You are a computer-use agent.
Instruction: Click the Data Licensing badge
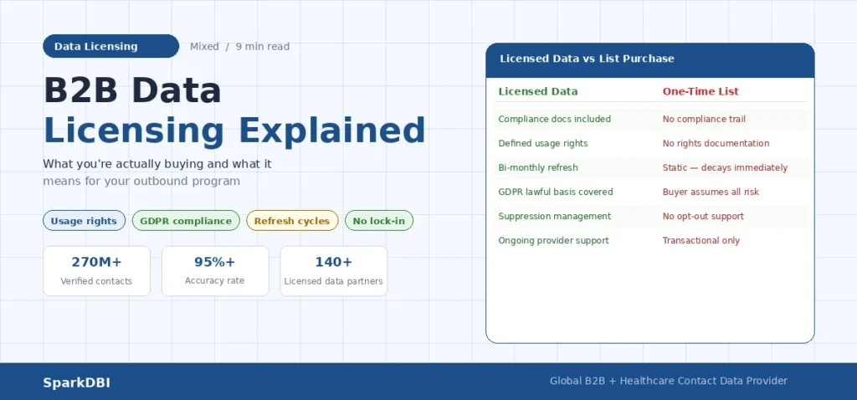[x=110, y=46]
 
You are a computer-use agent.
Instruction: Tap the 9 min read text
[x=262, y=47]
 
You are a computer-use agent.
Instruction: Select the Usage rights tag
[x=84, y=221]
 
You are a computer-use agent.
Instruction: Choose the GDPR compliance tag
[x=186, y=221]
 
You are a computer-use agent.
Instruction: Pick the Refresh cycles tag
[x=292, y=221]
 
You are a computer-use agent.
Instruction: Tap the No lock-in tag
[x=378, y=221]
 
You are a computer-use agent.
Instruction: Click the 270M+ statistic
[x=96, y=262]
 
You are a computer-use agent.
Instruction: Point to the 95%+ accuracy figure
[x=215, y=262]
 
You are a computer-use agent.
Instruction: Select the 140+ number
[x=333, y=262]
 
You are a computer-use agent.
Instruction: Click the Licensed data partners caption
[x=333, y=281]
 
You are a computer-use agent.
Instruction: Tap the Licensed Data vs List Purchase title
[x=587, y=59]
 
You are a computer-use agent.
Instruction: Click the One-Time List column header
[x=700, y=91]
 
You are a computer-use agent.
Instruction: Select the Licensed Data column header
[x=537, y=91]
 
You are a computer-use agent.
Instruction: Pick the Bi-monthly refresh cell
[x=538, y=167]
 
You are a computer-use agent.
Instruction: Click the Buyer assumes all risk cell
[x=710, y=192]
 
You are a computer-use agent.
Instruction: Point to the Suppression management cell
[x=554, y=216]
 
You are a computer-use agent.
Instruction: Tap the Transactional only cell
[x=701, y=240]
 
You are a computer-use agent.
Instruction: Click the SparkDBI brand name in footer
[x=76, y=382]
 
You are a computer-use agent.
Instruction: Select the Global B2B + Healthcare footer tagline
[x=668, y=381]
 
